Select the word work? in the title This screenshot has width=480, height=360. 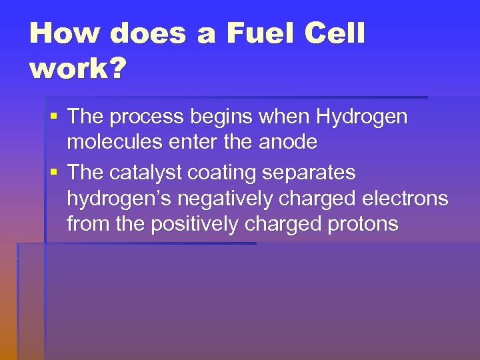pos(77,69)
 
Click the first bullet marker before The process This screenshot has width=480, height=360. pos(55,117)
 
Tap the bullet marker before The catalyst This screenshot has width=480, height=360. pos(55,173)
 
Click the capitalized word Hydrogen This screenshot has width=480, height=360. pos(361,117)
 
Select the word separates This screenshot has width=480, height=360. pos(311,173)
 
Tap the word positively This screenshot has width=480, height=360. pos(195,225)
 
